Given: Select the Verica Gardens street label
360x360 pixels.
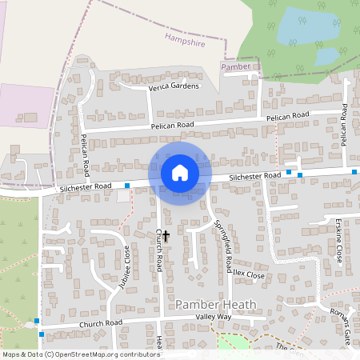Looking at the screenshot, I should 174,87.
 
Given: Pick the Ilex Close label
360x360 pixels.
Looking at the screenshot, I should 249,274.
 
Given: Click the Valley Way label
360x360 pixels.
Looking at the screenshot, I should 214,317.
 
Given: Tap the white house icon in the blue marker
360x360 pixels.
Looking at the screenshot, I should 180,173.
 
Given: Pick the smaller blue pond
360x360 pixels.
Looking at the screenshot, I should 326,57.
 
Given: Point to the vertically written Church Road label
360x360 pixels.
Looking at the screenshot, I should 159,250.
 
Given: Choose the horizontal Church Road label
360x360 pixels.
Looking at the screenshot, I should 100,323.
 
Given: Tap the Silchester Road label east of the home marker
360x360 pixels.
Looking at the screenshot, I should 255,175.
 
